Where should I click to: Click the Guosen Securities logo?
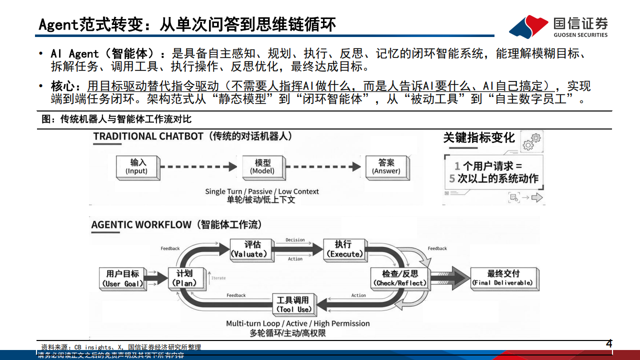click(x=558, y=26)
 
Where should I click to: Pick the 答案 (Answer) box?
click(x=386, y=166)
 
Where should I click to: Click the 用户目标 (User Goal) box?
click(x=123, y=278)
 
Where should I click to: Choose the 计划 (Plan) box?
click(x=184, y=278)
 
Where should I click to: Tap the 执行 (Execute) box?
click(x=343, y=249)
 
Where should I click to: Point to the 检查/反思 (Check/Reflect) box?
click(x=400, y=278)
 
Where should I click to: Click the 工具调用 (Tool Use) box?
click(x=293, y=304)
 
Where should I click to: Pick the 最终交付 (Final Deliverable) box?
click(x=503, y=278)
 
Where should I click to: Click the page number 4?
click(x=608, y=343)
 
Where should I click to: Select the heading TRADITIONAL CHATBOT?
click(x=148, y=136)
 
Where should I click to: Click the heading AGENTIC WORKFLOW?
click(x=141, y=224)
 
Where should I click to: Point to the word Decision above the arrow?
click(x=295, y=240)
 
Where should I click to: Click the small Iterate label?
click(x=218, y=278)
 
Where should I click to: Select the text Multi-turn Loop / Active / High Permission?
click(x=297, y=323)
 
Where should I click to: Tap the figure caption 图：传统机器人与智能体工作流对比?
click(x=116, y=119)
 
